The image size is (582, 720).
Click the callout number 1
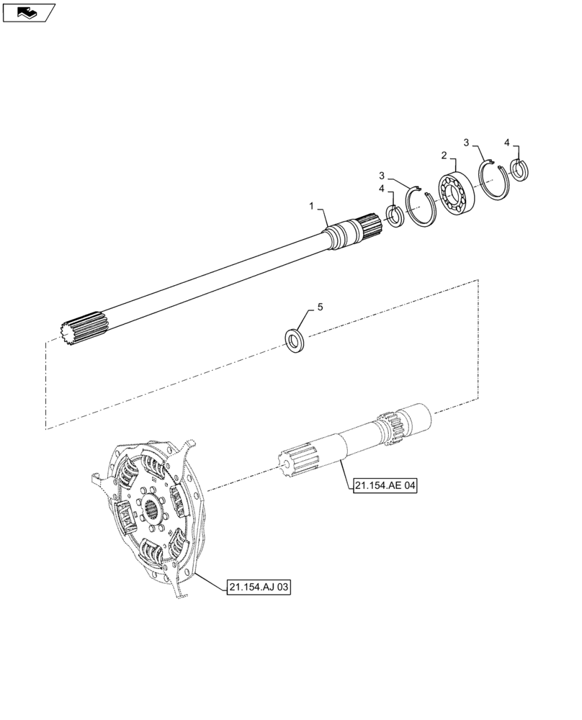pyautogui.click(x=312, y=206)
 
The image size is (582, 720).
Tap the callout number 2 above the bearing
pyautogui.click(x=444, y=155)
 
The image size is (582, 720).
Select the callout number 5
pyautogui.click(x=321, y=307)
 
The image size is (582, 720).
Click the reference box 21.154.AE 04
pyautogui.click(x=385, y=486)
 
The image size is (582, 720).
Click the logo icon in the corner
pyautogui.click(x=28, y=12)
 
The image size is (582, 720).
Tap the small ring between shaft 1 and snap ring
pyautogui.click(x=395, y=216)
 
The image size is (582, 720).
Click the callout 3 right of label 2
pyautogui.click(x=467, y=143)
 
